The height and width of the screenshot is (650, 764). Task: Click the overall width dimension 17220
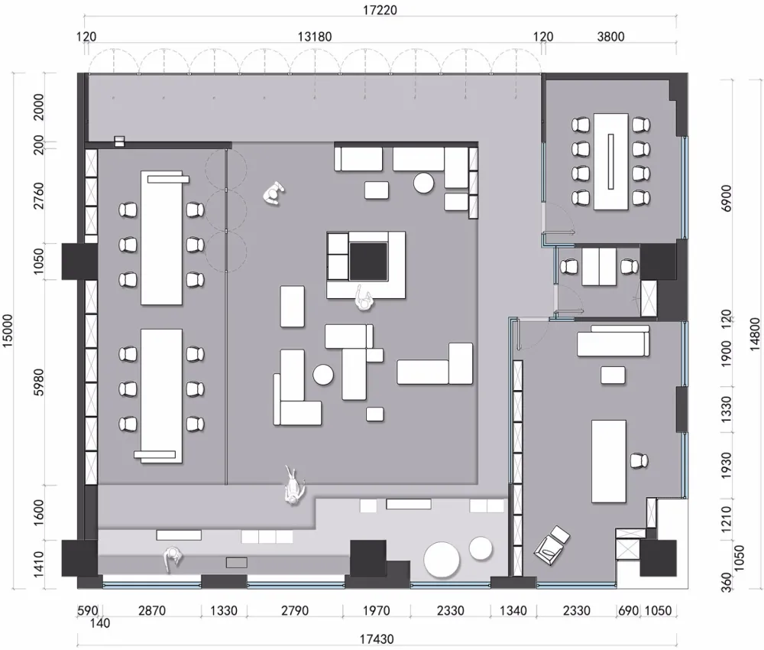[x=379, y=10]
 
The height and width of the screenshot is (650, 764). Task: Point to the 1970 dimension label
[x=376, y=612]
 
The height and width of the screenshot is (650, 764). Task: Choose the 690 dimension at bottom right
[x=627, y=612]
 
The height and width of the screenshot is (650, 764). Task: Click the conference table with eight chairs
[x=610, y=161]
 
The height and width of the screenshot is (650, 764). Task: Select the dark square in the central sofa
[x=367, y=261]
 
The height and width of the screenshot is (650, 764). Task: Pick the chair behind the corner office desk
[x=639, y=460]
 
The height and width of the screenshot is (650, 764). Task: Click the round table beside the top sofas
[x=424, y=183]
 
